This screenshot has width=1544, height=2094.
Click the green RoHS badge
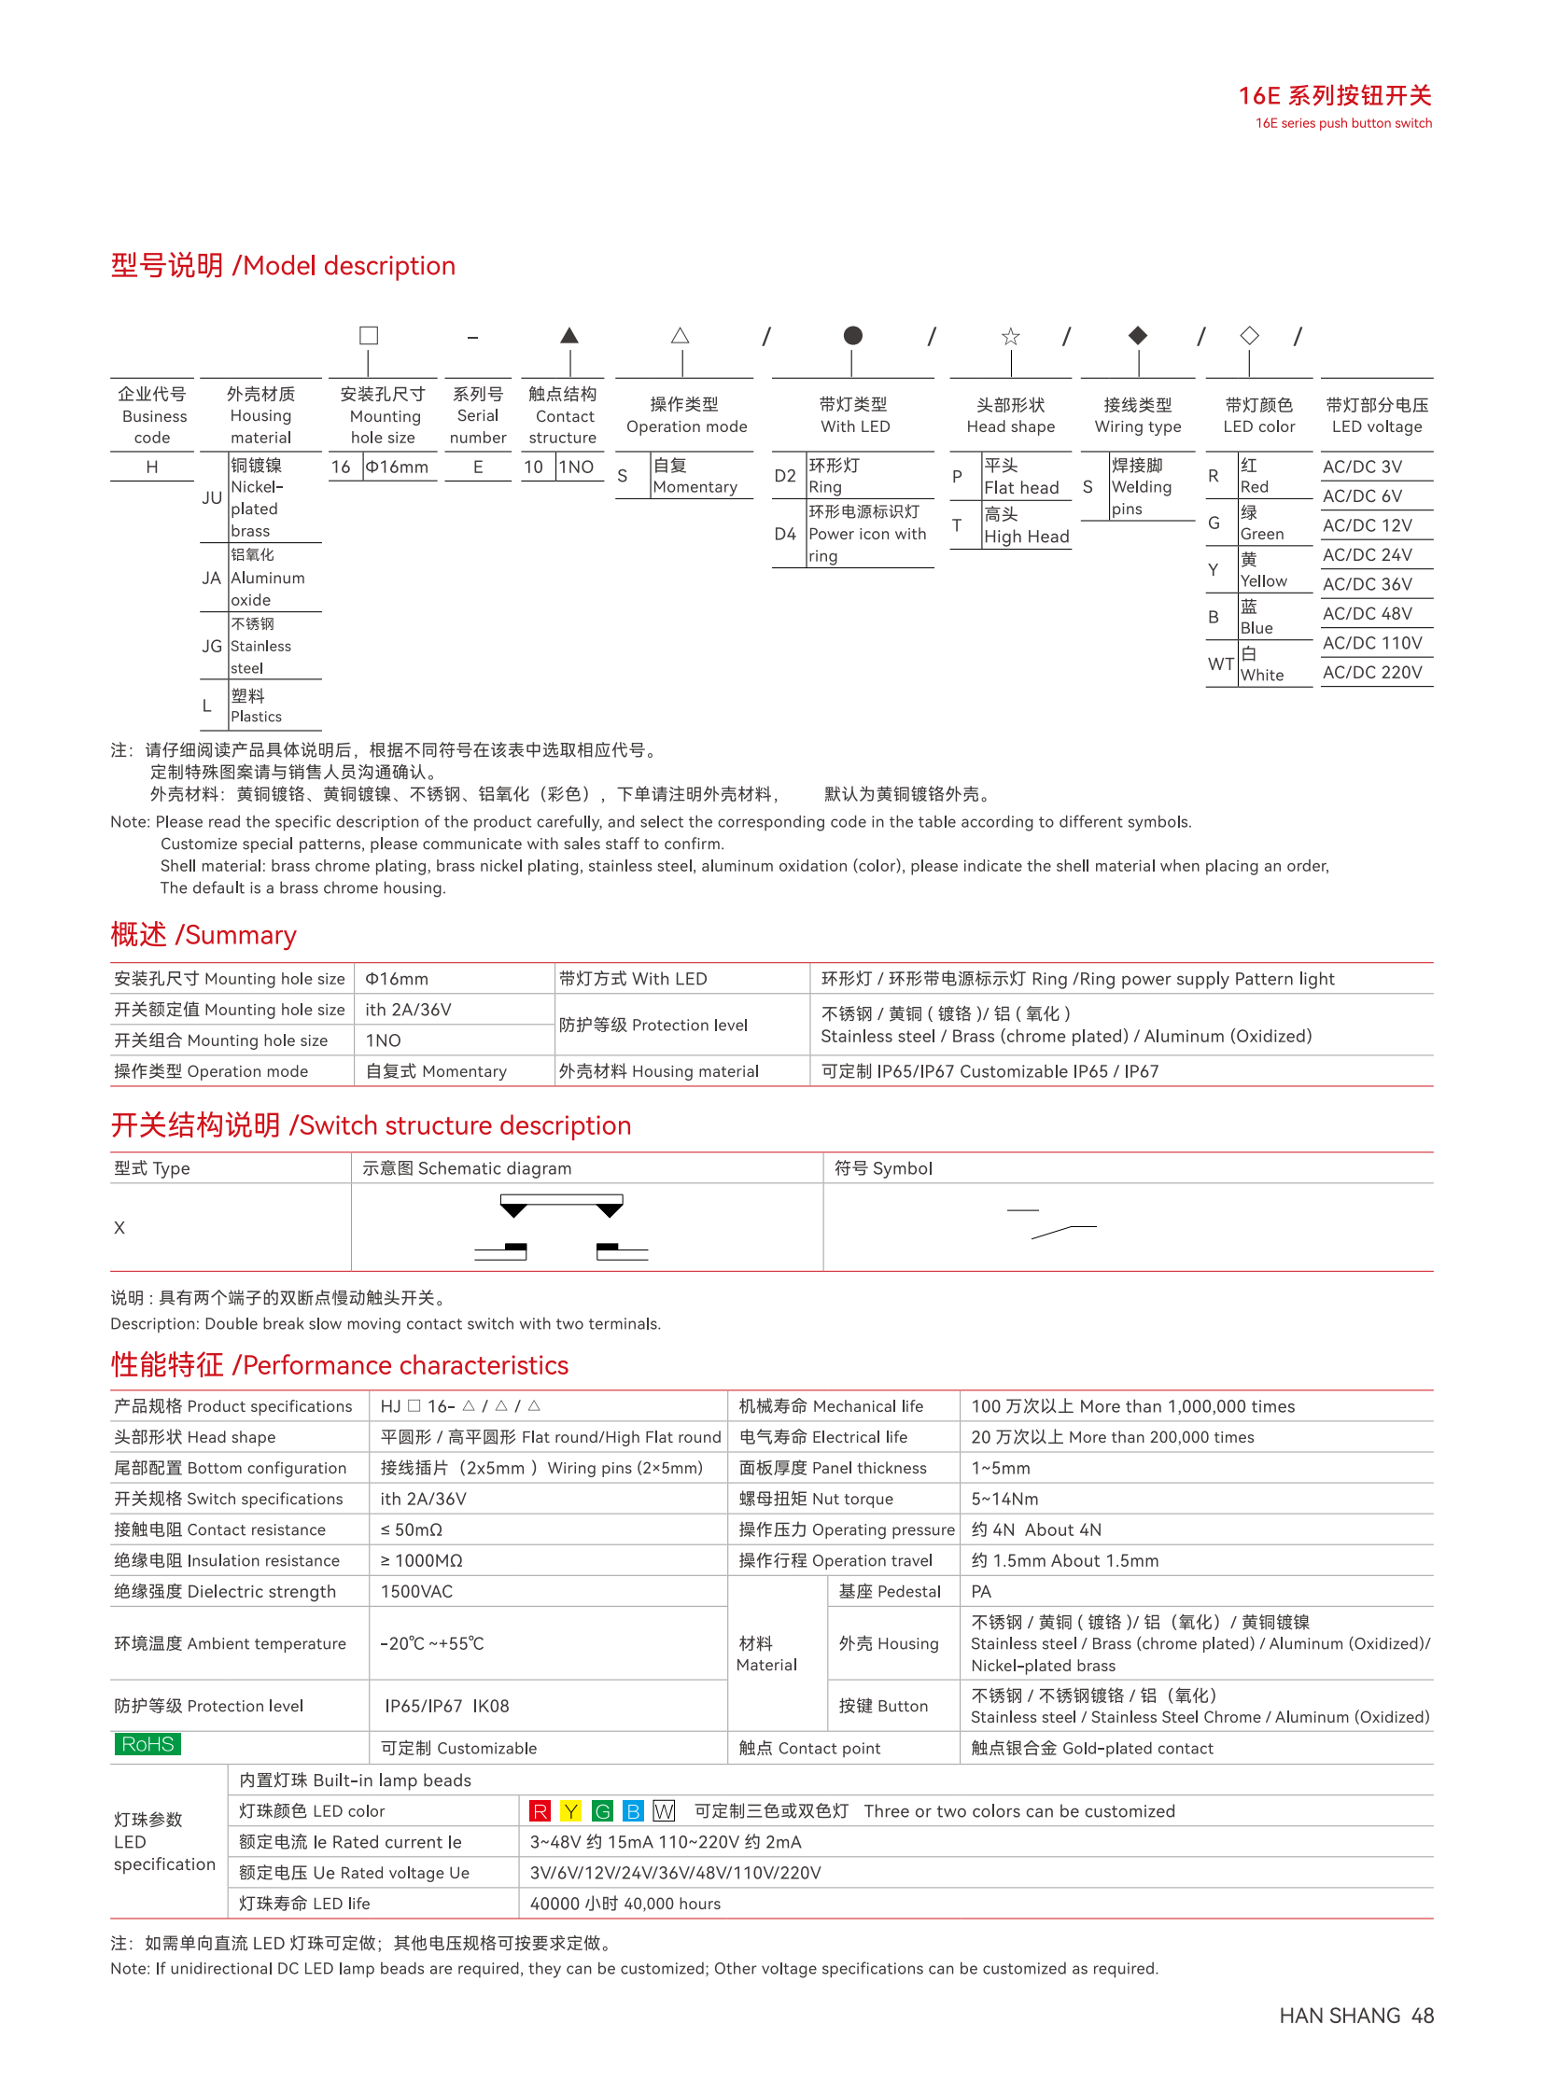147,1743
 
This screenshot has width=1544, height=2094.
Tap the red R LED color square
540,1811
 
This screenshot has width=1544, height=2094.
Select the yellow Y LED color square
570,1811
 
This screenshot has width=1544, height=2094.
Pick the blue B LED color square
633,1811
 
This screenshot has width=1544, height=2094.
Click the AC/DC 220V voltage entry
1372,672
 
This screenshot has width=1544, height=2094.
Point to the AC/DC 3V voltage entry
1362,467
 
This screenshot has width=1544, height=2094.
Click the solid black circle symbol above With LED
852,334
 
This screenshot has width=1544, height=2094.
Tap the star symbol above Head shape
1010,336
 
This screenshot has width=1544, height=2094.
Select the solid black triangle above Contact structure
569,335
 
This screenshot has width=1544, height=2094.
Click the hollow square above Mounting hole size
369,334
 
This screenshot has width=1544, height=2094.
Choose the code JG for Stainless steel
212,646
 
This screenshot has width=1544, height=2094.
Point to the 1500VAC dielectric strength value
416,1591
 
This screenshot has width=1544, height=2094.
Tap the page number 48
1423,2016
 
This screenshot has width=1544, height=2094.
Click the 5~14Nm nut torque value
1004,1499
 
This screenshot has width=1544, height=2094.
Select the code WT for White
1221,663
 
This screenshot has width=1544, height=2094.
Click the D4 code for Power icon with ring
785,534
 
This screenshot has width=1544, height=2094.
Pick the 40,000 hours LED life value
625,1904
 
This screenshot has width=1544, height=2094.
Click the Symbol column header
883,1168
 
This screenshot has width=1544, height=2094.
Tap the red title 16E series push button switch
1335,95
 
